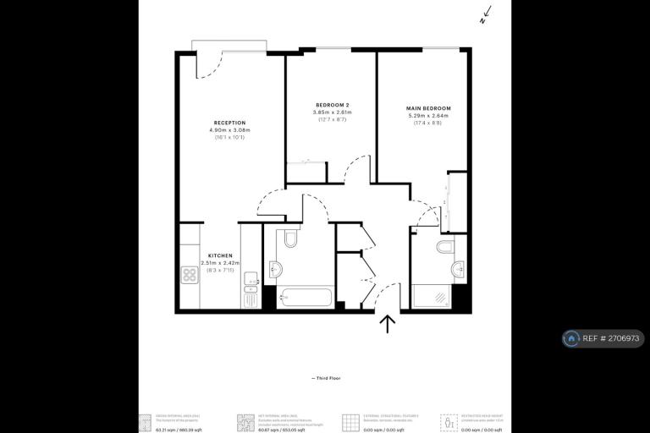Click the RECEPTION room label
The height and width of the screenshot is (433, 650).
coord(229,123)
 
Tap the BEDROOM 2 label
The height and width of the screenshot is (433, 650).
coord(331,106)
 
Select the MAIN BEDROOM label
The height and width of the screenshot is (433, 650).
coord(429,108)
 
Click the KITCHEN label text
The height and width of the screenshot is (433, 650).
coord(220,255)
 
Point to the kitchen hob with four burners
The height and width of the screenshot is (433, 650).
coord(190,274)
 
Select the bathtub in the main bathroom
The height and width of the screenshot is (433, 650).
coord(304,299)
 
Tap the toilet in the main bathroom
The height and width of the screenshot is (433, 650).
coord(290,238)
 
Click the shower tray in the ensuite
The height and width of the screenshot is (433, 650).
coord(432,297)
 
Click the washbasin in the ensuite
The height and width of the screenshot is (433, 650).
coord(458,270)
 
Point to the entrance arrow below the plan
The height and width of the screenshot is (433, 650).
coord(388,324)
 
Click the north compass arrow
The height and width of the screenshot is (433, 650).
coord(483,15)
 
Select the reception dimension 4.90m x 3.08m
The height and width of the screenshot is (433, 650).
coord(229,130)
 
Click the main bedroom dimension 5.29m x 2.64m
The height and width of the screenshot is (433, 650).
coord(429,116)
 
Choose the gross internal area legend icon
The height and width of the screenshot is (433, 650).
coord(146,420)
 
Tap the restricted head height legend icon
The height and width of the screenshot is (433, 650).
coord(446,420)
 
